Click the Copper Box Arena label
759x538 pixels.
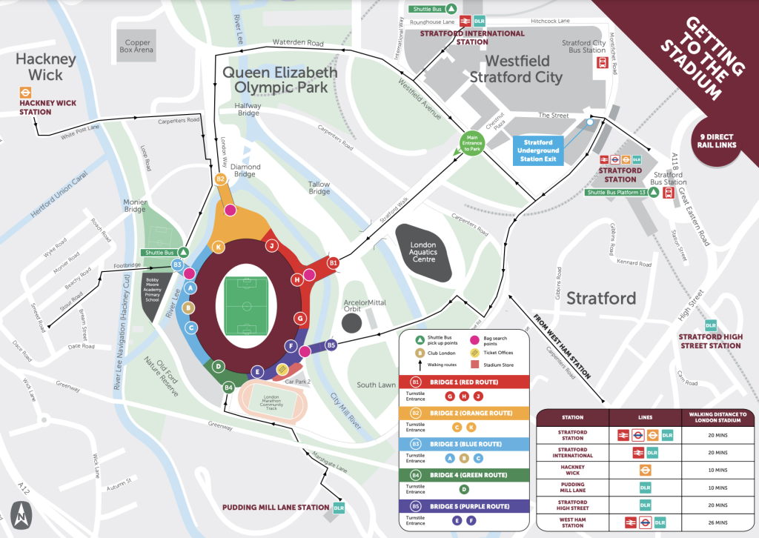tap(139, 47)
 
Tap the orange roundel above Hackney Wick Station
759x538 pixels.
tap(25, 94)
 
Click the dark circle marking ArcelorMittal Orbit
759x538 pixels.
tap(352, 322)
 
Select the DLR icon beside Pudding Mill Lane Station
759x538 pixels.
tap(339, 508)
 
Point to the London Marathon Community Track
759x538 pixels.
tap(275, 403)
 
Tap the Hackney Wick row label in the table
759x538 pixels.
tap(571, 470)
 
